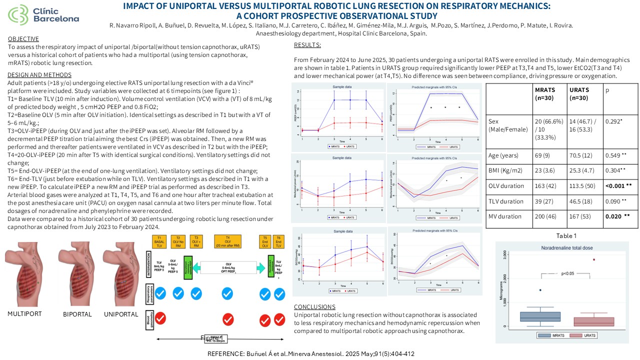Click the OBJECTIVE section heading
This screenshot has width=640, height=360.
pos(23,39)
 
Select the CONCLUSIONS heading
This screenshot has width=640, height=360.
pos(314,306)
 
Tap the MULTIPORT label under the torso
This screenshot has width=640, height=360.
pos(24,314)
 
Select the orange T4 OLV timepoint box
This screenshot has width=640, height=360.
pos(228,242)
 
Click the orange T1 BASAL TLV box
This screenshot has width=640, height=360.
pos(159,242)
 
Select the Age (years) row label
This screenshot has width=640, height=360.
pos(505,155)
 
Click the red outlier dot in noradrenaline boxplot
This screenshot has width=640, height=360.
pos(594,259)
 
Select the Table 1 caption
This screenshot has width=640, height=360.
pos(566,236)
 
